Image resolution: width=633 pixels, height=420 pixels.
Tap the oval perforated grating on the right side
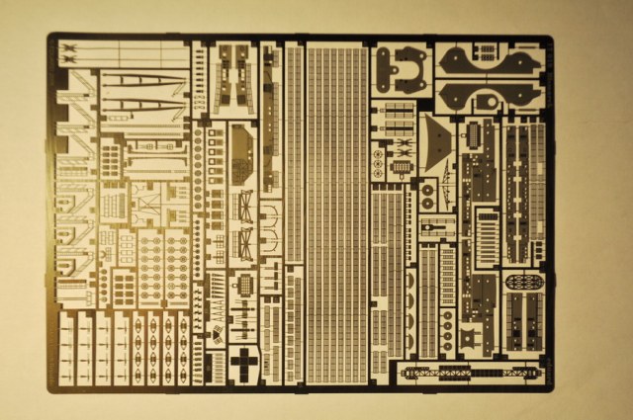tap(523, 283)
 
